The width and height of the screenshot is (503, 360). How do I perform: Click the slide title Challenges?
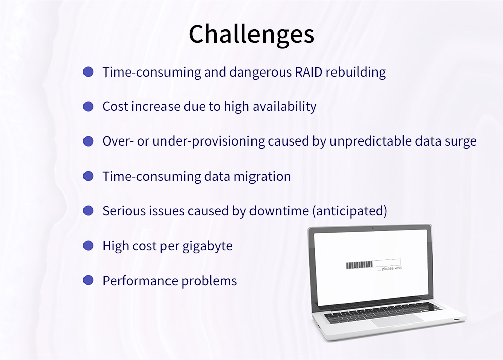(251, 35)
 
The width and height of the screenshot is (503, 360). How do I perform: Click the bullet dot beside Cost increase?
(88, 106)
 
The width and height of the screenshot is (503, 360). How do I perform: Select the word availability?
(285, 106)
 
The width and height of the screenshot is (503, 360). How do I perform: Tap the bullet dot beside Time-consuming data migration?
(88, 176)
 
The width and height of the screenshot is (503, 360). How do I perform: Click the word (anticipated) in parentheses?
(350, 211)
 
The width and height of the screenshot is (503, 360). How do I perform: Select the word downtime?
(279, 211)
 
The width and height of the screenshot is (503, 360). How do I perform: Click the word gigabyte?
(208, 246)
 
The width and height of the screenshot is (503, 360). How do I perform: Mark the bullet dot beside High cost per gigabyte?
(88, 246)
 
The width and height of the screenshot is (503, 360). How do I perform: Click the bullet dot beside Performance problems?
(88, 280)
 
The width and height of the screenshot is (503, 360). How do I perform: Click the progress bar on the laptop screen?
(373, 264)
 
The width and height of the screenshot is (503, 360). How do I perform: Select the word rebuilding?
(356, 73)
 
